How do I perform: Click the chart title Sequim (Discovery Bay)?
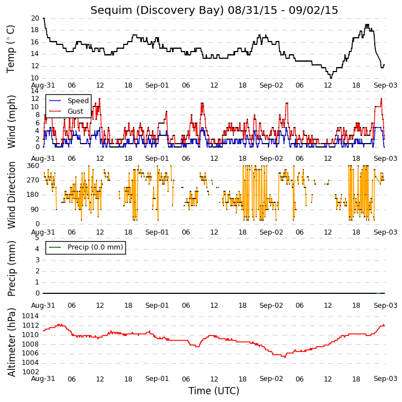157,10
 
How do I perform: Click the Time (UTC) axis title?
214,391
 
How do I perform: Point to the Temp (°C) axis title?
11,49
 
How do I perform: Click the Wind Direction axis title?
11,195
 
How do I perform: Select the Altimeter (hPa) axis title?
11,342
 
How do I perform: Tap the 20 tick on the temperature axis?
35,18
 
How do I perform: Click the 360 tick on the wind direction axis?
33,166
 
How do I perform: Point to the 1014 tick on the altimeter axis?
30,316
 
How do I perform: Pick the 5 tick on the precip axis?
38,238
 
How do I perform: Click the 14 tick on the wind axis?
35,91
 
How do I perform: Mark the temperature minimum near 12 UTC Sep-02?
330,78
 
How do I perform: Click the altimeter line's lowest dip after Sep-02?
285,357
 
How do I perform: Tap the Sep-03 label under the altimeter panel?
385,379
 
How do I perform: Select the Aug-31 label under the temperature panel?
43,85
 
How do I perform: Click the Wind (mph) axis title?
11,121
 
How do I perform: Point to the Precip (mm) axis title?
11,268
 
